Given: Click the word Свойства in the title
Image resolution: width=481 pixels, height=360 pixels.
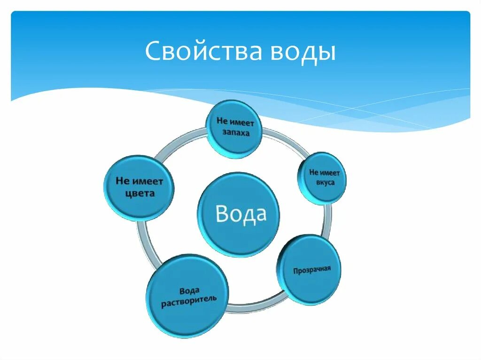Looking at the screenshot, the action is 203,52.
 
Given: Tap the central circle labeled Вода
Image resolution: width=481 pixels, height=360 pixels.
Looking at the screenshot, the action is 239,214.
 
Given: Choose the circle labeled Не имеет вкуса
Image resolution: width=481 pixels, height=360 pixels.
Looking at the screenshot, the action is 322,178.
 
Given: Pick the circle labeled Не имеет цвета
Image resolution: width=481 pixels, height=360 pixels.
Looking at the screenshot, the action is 139,187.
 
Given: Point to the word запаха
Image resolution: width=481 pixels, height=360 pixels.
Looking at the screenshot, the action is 235,132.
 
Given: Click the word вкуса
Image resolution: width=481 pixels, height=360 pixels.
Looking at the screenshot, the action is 325,182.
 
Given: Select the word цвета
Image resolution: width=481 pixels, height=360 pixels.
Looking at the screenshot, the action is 140,193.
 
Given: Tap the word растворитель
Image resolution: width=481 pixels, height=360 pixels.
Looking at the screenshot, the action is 189,300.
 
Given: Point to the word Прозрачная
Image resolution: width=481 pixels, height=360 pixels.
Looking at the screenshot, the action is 312,270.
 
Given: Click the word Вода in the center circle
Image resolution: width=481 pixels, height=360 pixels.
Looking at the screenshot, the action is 240,214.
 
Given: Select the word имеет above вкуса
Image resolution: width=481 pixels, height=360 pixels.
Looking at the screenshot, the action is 331,173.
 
